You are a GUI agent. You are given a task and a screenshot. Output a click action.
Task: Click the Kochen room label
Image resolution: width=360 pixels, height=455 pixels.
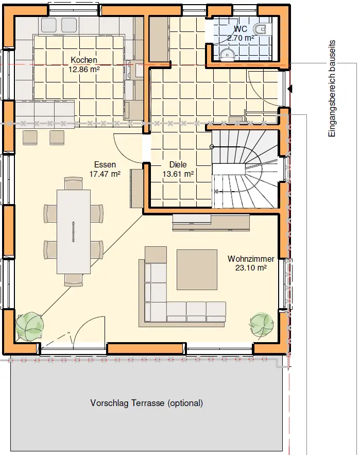pyautogui.click(x=84, y=60)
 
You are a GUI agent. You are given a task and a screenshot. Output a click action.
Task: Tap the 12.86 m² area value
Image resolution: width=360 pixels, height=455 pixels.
pyautogui.click(x=84, y=70)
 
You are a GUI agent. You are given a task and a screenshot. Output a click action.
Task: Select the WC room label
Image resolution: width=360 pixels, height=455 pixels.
pyautogui.click(x=241, y=29)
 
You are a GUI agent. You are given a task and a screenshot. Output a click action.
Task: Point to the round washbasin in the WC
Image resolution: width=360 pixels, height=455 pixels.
pyautogui.click(x=227, y=54)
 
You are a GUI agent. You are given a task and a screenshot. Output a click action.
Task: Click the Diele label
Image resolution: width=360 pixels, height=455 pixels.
pyautogui.click(x=178, y=164)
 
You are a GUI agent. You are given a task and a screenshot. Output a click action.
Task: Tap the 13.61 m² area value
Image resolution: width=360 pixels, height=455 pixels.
pyautogui.click(x=178, y=174)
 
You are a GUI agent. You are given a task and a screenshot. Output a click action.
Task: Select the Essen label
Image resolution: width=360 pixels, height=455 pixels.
pyautogui.click(x=105, y=164)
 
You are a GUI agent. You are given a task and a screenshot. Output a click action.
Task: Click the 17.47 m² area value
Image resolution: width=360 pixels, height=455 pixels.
pyautogui.click(x=105, y=174)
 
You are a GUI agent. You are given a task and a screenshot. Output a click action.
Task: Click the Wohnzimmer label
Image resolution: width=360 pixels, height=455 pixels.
pyautogui.click(x=251, y=259)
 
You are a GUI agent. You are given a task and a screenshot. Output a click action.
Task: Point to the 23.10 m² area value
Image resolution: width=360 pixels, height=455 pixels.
pyautogui.click(x=251, y=268)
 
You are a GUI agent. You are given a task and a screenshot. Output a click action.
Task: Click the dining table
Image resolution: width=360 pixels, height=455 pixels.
pyautogui.click(x=74, y=231)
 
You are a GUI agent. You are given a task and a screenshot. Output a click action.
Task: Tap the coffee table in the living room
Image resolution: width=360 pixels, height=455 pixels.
pyautogui.click(x=197, y=269)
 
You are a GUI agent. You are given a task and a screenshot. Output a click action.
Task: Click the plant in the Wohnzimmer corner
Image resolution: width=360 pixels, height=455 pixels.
pyautogui.click(x=261, y=325)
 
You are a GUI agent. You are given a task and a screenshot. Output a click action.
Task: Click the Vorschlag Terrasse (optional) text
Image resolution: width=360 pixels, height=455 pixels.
pyautogui.click(x=146, y=403)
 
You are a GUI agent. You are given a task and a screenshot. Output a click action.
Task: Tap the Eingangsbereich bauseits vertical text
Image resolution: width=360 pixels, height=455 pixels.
pyautogui.click(x=332, y=89)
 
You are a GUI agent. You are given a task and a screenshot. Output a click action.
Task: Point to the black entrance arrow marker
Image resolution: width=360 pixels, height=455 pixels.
pyautogui.click(x=290, y=89)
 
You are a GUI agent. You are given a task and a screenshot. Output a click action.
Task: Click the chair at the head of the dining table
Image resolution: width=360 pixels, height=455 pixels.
pyautogui.click(x=74, y=183)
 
